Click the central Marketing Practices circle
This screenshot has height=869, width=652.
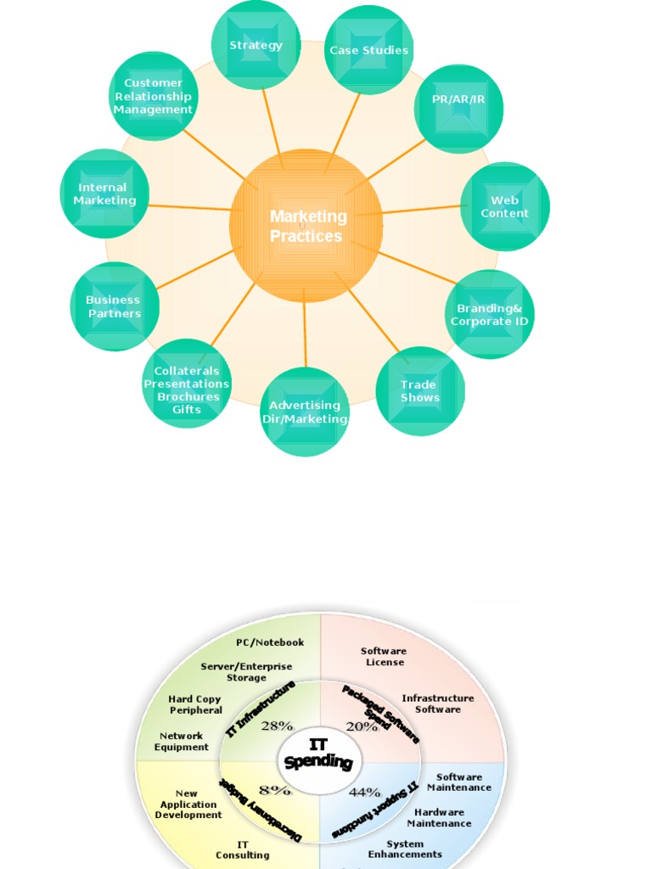306,226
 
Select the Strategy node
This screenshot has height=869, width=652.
256,45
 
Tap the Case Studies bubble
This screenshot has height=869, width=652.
368,50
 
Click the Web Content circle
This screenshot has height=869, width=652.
504,207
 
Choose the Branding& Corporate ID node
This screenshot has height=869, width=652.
490,314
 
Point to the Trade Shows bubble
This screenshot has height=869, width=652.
419,391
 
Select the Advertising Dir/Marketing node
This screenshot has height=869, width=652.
305,412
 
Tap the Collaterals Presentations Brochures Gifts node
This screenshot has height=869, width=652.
187,390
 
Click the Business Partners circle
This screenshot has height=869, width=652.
114,306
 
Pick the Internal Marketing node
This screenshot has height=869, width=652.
104,193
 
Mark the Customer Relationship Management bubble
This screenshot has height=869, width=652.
154,96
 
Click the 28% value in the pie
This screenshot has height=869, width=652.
277,726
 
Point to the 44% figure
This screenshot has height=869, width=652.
365,793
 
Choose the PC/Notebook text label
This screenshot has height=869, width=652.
270,642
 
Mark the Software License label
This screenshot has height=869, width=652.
384,656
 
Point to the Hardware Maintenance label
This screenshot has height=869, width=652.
439,817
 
